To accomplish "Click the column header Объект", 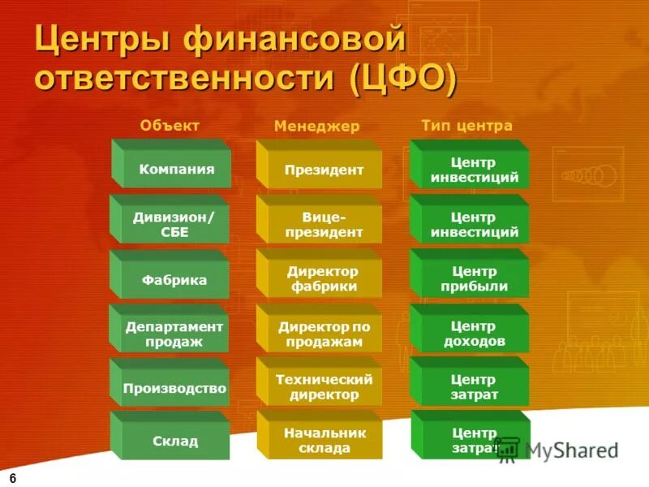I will [x=170, y=125].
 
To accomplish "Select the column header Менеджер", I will [x=316, y=126].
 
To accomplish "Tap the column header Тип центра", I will [x=466, y=126].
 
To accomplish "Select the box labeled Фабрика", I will [x=174, y=280].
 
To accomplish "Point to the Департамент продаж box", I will [x=174, y=334].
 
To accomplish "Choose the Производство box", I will [x=174, y=388].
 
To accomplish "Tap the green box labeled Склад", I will [x=175, y=442].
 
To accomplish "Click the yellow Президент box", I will [x=323, y=170].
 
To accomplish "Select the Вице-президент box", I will [x=323, y=225].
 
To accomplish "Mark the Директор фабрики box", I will [x=322, y=278].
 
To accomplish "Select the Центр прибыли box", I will [x=474, y=278].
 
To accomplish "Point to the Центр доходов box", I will [x=474, y=334].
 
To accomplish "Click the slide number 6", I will [x=14, y=476].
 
